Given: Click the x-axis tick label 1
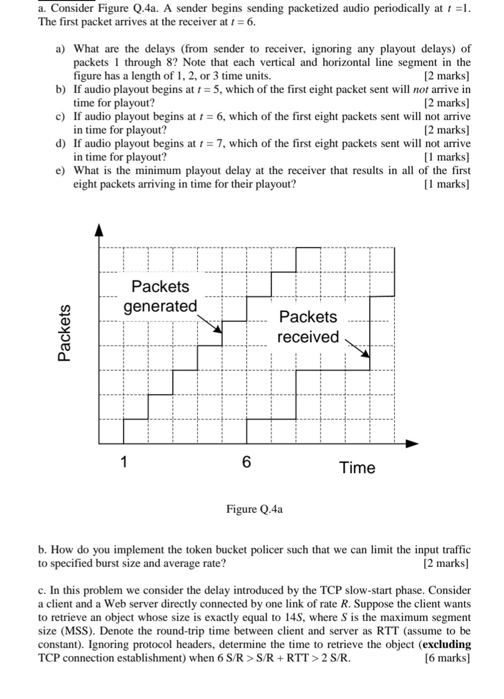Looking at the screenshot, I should tap(124, 461).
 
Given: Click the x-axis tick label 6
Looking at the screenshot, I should tap(247, 461).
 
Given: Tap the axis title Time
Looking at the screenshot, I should tap(357, 467).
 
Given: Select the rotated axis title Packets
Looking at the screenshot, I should tap(64, 332).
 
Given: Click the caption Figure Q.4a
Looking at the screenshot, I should tap(254, 509).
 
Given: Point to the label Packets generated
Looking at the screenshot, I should tap(160, 296).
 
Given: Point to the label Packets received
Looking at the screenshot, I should tap(308, 326).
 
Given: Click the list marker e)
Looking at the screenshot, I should tap(63, 170).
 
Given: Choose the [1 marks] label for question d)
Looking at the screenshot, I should tap(447, 157).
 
